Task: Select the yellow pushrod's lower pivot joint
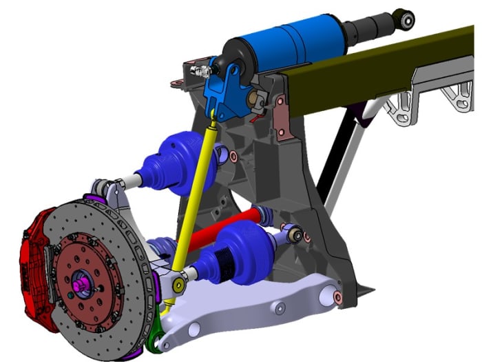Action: (x=178, y=283)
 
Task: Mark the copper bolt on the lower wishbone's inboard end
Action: (x=337, y=297)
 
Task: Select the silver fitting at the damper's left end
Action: (x=201, y=70)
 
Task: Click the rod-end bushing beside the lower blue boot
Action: (x=296, y=234)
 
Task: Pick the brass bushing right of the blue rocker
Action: (x=260, y=101)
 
